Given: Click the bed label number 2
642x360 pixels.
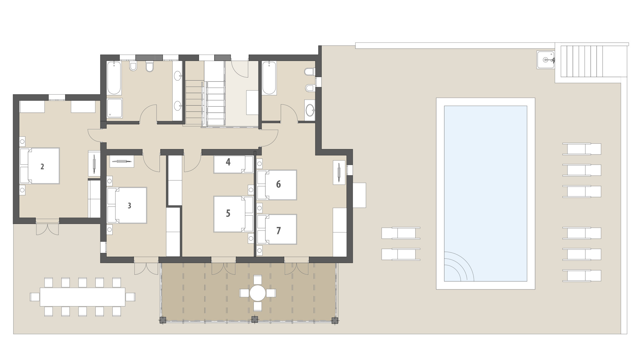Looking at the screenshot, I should [x=42, y=166].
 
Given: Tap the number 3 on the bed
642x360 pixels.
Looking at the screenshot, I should [x=129, y=206].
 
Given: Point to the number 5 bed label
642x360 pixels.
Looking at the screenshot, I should [x=228, y=213].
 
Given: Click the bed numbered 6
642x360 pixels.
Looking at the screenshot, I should [x=278, y=185].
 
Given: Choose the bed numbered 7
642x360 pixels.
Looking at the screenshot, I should [x=278, y=230].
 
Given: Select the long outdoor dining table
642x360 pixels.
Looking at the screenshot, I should [x=82, y=297].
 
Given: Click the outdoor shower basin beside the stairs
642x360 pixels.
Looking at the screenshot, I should [x=546, y=60].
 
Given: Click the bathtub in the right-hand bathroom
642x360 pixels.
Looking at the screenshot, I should [x=269, y=78].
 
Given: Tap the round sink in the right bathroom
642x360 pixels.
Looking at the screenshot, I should [x=310, y=109].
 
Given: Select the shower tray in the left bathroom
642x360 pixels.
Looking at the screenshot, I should [x=115, y=108].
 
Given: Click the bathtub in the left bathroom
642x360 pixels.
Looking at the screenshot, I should [x=114, y=78].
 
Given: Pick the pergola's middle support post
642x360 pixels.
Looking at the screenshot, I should [x=255, y=320].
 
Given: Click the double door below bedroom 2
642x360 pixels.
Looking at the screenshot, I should [x=47, y=228].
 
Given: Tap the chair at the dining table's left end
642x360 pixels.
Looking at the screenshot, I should [x=35, y=297].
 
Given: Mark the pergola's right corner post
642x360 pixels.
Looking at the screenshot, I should [x=334, y=320].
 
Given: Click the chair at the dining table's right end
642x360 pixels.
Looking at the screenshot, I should [x=130, y=297].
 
